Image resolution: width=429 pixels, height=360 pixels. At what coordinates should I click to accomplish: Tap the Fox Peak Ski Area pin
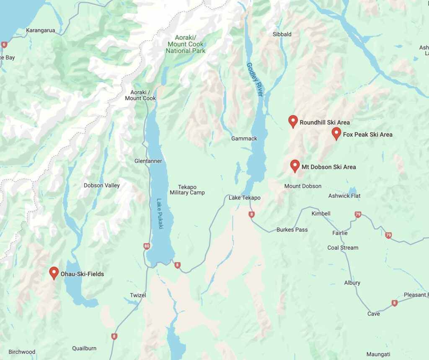point(336,134)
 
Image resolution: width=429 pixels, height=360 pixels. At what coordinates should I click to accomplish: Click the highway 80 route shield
point(147,246)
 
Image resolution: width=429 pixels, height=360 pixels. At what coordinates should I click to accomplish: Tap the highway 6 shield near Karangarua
point(4,44)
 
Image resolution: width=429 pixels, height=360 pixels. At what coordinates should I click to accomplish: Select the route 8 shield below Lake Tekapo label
point(251,214)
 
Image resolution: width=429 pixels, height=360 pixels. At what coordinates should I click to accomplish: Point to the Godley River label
point(254,80)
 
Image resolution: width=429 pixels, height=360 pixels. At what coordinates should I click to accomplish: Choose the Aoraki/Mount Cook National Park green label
point(186,44)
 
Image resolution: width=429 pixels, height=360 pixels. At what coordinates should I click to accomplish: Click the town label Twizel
point(138,295)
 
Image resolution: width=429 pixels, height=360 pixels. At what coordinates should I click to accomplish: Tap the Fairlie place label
point(339,233)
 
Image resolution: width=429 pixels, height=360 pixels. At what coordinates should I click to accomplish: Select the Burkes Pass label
point(292,230)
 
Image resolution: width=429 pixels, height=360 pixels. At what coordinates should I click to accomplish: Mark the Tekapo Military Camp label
point(187,190)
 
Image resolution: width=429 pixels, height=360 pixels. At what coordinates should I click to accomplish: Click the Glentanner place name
point(148,161)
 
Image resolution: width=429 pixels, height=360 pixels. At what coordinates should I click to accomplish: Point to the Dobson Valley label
point(101,185)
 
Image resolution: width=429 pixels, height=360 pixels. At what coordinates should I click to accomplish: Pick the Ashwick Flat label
point(344,196)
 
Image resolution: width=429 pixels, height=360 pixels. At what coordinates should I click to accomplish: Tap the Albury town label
point(352,283)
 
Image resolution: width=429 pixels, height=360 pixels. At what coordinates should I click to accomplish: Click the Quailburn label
point(84,348)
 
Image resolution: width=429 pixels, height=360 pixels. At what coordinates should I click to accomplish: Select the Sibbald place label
point(282,34)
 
